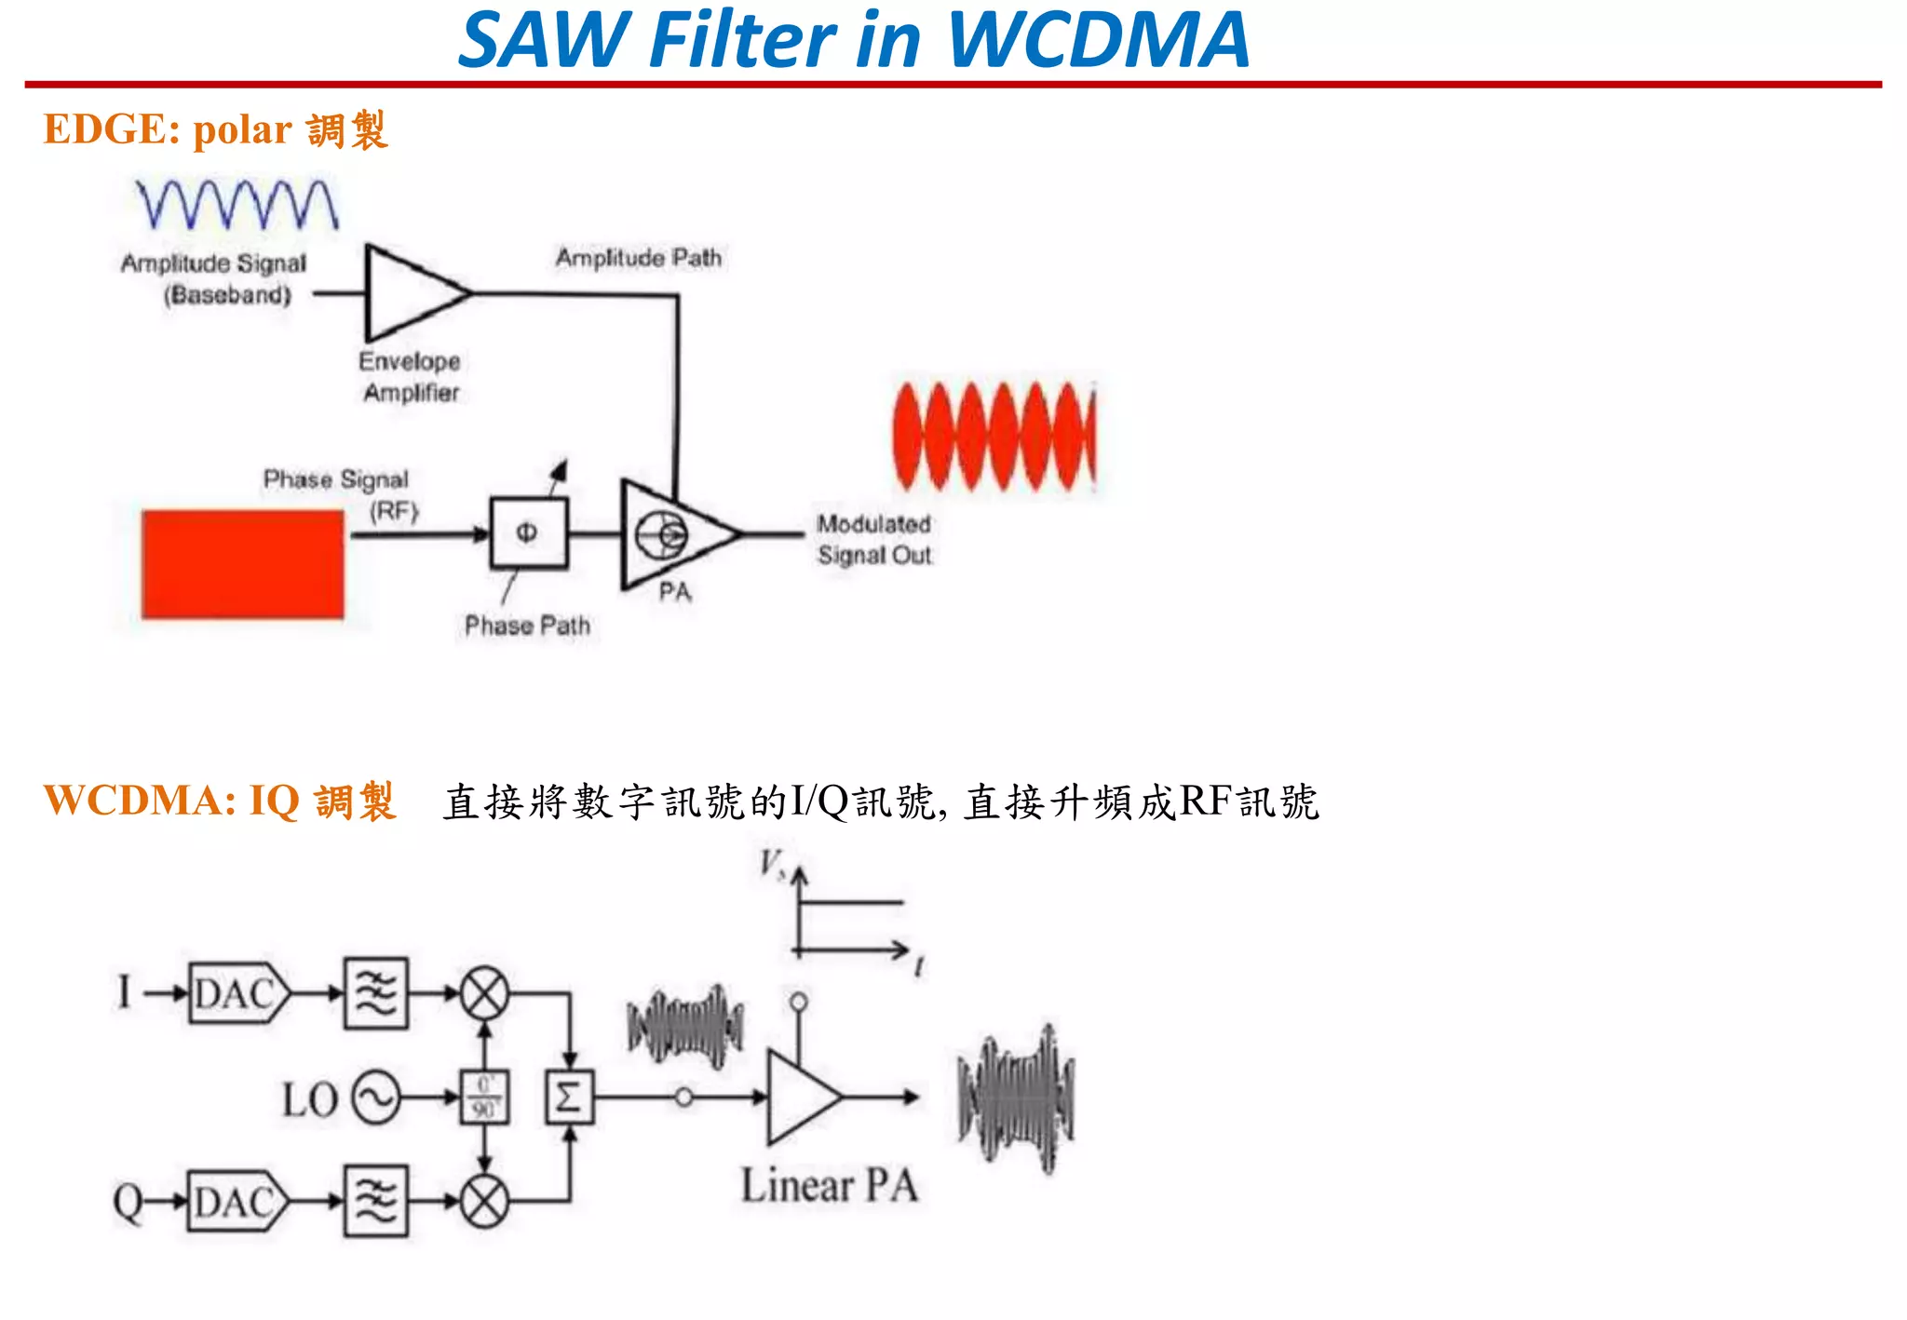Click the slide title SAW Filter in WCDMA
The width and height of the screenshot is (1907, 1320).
(854, 41)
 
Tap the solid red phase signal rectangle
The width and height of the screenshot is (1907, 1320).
(243, 564)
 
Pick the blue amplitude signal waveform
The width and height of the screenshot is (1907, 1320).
(237, 205)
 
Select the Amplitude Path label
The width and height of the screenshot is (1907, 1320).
(639, 258)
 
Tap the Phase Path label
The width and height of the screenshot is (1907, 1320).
(527, 626)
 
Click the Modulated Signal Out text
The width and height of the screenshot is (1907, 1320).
(873, 539)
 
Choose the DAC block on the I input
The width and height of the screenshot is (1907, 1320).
(237, 993)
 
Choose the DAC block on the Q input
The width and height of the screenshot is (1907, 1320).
(237, 1202)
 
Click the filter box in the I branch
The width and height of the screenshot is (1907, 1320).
(376, 993)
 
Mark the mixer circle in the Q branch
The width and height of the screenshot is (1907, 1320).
(485, 1201)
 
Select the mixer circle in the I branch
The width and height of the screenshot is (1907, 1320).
(485, 993)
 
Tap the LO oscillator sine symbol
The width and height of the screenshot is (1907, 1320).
(376, 1098)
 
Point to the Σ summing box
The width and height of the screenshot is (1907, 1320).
(569, 1098)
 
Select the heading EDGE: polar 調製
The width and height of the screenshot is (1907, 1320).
(215, 130)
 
